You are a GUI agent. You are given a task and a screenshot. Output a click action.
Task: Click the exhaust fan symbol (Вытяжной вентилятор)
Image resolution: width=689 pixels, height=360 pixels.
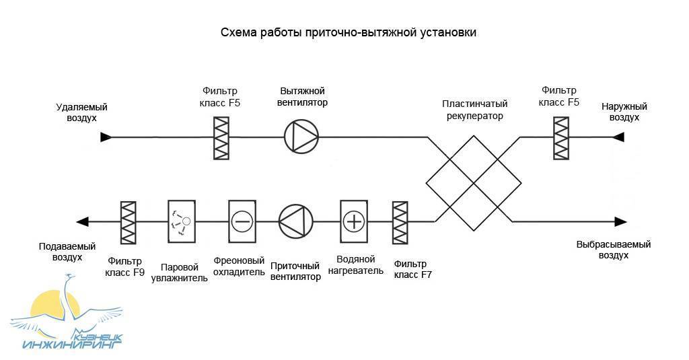[x=301, y=137]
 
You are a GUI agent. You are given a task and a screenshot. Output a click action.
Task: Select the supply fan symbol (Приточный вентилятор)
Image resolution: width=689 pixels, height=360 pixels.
[x=296, y=221]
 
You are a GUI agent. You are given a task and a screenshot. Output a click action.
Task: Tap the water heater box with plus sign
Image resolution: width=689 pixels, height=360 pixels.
[x=354, y=221]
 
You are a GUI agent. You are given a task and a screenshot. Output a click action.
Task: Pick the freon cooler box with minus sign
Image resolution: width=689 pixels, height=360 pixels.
[x=242, y=221]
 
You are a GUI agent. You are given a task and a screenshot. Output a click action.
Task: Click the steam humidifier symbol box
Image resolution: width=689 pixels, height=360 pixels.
[x=182, y=221]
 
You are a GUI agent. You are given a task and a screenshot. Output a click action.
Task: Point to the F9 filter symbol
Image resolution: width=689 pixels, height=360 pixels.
[x=128, y=222]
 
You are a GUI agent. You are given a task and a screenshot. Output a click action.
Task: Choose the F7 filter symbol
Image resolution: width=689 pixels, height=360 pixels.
[x=400, y=222]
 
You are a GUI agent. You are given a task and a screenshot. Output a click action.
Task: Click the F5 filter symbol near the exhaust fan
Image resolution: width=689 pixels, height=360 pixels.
[x=221, y=138]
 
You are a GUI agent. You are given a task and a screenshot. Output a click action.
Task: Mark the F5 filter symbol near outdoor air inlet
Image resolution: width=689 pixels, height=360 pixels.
[x=560, y=138]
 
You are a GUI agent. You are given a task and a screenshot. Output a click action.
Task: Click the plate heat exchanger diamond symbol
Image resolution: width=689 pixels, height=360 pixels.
[x=474, y=180]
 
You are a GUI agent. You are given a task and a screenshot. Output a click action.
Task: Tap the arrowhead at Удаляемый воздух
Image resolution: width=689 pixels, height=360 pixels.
[x=105, y=137]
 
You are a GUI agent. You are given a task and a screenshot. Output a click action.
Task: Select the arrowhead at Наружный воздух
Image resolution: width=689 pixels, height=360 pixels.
[x=618, y=137]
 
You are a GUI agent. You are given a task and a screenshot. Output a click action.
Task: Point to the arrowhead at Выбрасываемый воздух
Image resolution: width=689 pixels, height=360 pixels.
[x=620, y=221]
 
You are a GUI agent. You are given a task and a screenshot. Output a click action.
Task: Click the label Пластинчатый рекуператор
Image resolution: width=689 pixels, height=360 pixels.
[x=474, y=110]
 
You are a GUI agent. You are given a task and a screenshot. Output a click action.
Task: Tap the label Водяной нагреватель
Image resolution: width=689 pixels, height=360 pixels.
[x=356, y=265]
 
